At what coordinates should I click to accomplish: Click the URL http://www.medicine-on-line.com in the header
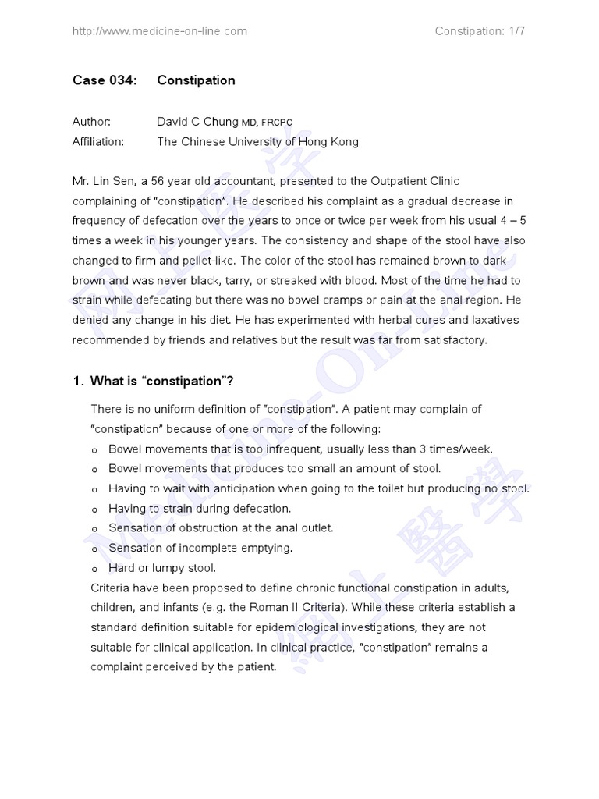(x=159, y=31)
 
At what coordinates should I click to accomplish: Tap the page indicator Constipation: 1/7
(x=483, y=31)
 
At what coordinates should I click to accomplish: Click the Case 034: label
(x=105, y=80)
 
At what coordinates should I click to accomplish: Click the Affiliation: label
(x=98, y=142)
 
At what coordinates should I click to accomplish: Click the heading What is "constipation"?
(x=162, y=381)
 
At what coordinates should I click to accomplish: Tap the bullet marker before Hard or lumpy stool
(x=95, y=569)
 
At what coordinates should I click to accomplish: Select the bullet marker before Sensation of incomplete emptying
(x=95, y=549)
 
